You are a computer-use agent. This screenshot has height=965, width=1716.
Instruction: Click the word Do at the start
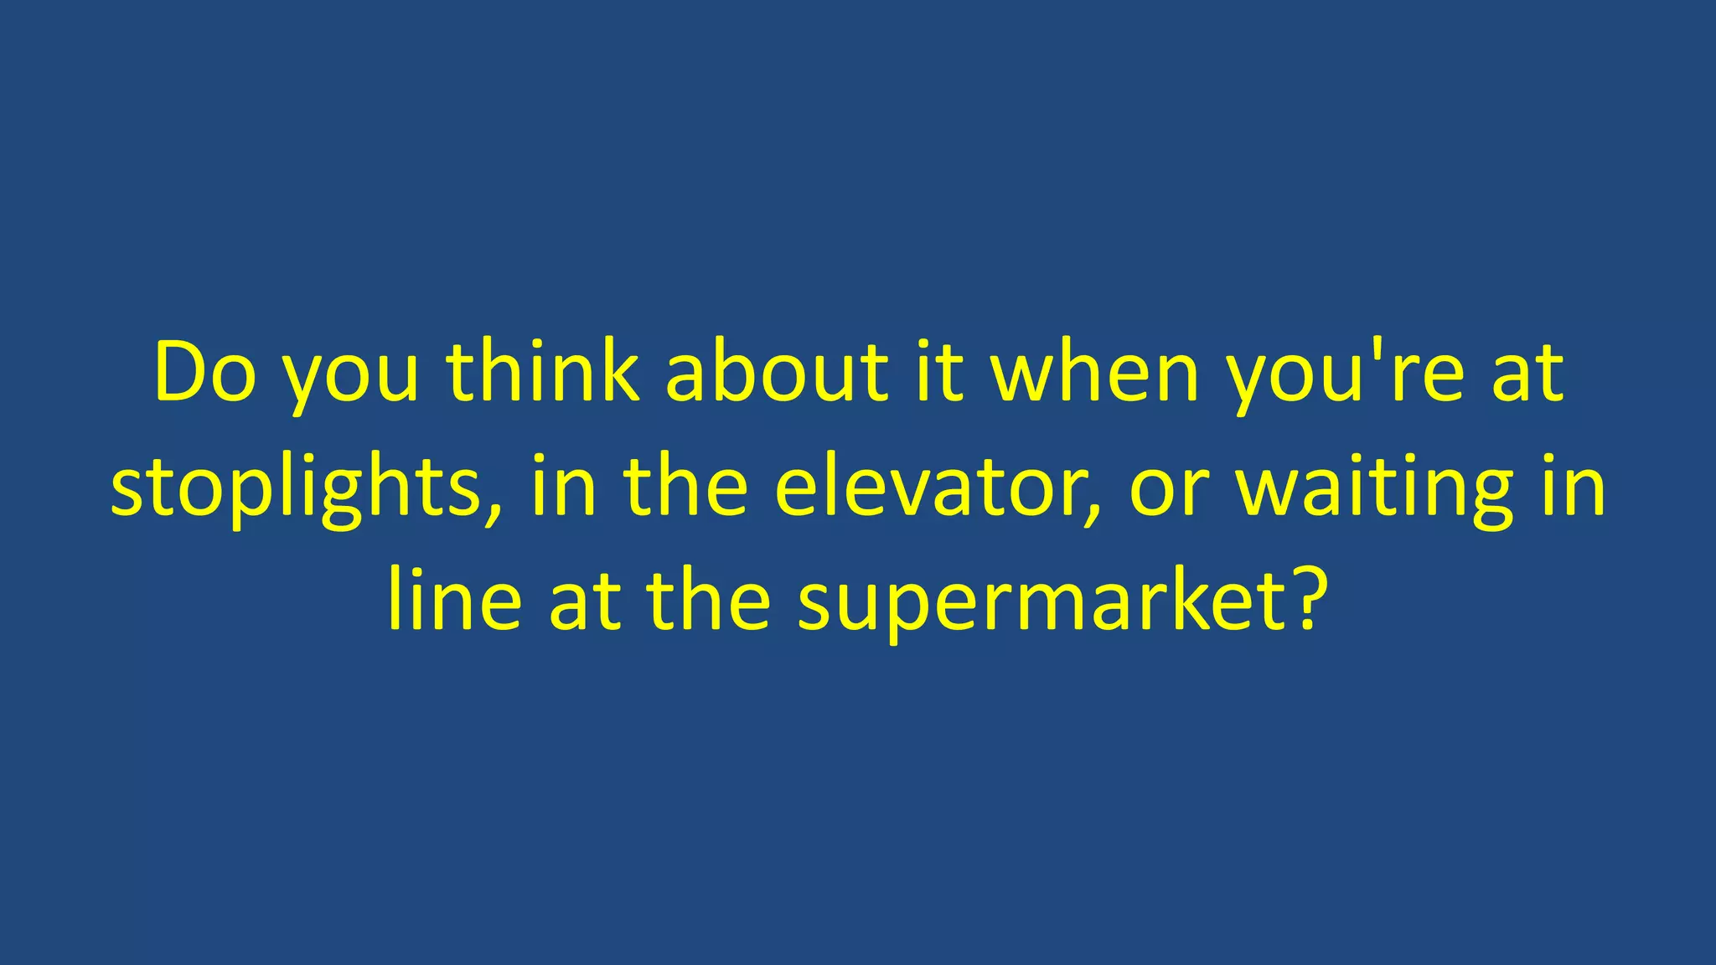pyautogui.click(x=205, y=372)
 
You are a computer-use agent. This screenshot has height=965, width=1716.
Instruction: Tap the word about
pyautogui.click(x=776, y=372)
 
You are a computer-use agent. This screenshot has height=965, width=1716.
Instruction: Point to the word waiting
pyautogui.click(x=1375, y=490)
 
